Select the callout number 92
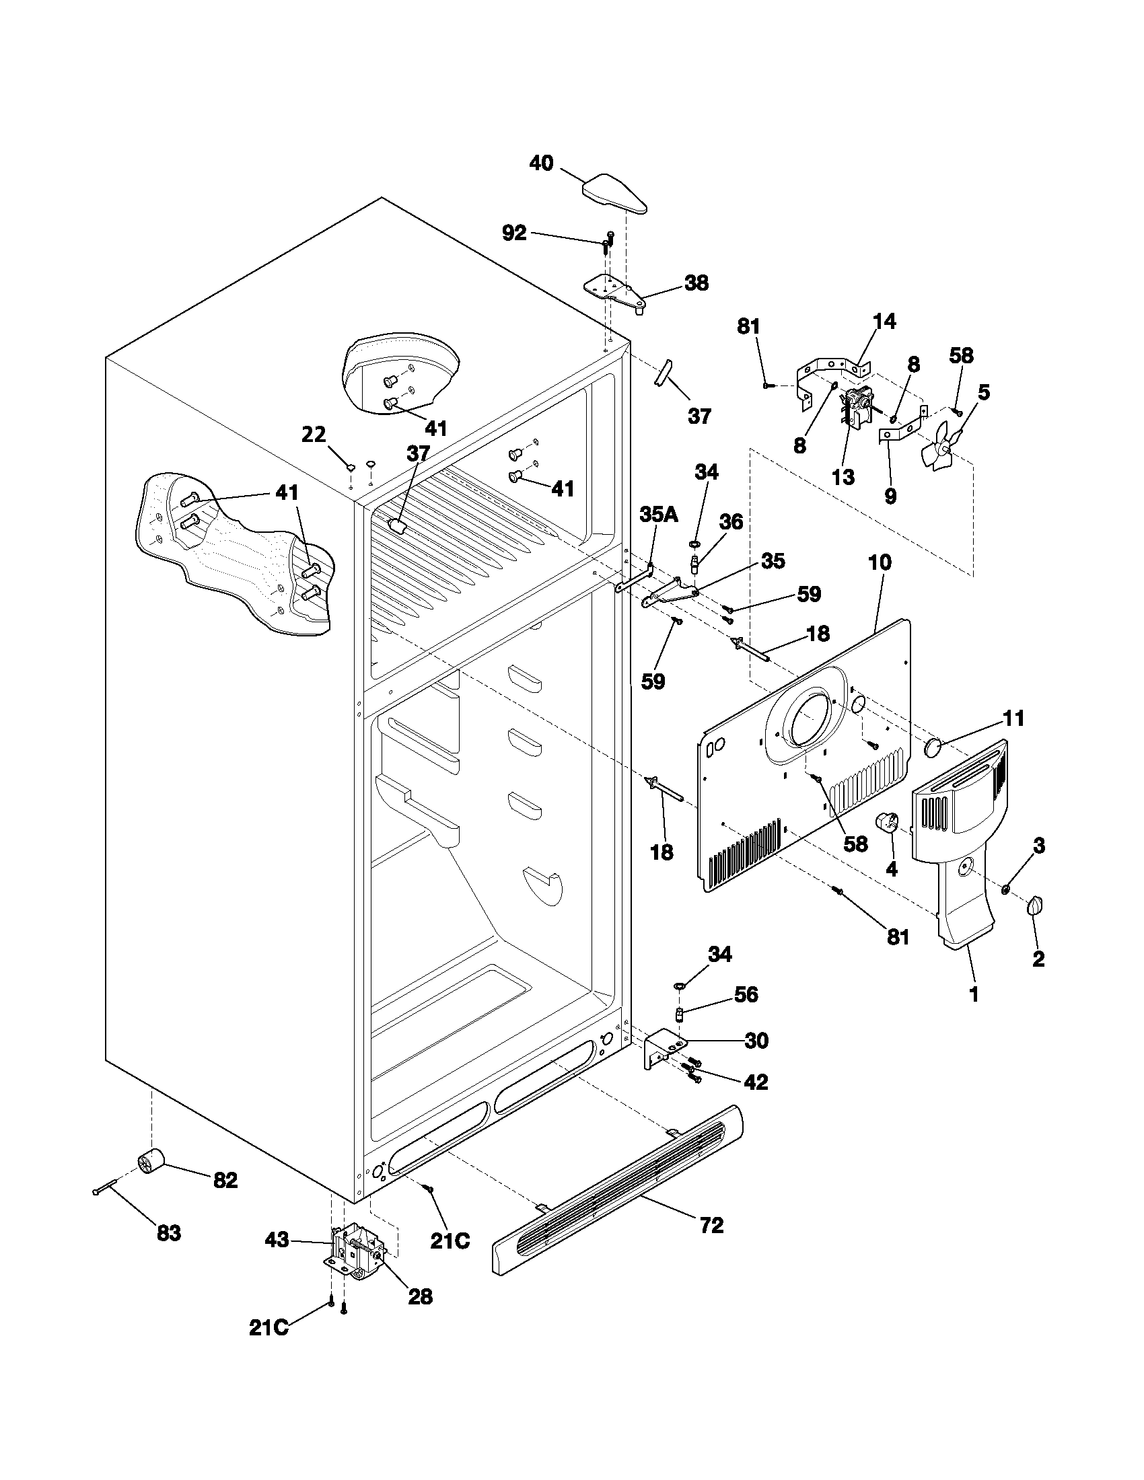pyautogui.click(x=514, y=233)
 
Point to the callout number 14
pyautogui.click(x=884, y=321)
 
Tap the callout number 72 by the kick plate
pyautogui.click(x=711, y=1225)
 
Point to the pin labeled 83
pyautogui.click(x=105, y=1188)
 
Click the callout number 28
pyautogui.click(x=420, y=1296)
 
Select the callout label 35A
pyautogui.click(x=658, y=515)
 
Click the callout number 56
pyautogui.click(x=746, y=994)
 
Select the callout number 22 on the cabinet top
pyautogui.click(x=314, y=434)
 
